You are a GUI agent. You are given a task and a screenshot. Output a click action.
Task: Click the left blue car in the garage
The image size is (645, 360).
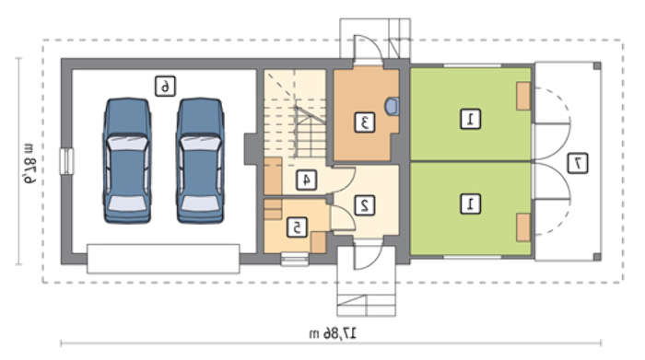coord(127,161)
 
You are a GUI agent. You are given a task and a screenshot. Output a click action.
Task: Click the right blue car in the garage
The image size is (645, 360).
coord(200,161)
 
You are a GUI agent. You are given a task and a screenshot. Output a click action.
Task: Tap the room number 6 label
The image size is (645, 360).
coord(165,87)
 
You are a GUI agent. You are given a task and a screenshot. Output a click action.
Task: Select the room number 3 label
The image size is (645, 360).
coord(365,122)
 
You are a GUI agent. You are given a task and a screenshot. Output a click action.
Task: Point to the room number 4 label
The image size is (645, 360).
coord(307,180)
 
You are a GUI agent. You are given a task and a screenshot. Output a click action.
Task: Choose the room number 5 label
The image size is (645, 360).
coord(297,227)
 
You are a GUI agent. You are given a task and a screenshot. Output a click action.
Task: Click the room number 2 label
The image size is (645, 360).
coord(365,205)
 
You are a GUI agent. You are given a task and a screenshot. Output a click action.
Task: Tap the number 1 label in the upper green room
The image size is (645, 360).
coord(470,119)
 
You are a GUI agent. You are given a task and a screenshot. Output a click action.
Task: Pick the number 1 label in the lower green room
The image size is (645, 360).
coord(470,203)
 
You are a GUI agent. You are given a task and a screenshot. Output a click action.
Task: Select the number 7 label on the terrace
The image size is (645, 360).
coord(578,163)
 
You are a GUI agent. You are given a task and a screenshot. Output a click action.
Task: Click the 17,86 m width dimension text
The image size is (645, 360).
coord(333,333)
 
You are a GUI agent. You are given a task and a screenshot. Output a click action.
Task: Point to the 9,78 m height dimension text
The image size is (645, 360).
coord(29,163)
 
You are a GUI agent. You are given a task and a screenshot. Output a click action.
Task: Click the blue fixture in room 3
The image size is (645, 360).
coord(392,106)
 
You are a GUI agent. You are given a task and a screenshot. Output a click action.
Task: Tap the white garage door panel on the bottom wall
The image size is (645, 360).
coord(163,259)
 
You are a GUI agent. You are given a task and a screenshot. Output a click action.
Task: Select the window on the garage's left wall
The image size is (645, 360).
coord(66,161)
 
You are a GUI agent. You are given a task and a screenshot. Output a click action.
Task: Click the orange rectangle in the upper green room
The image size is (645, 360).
coord(523,96)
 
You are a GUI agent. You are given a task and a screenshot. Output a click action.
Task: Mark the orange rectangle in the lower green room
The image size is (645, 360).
coord(523,227)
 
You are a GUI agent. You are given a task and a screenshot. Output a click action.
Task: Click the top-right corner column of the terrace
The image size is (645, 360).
coord(597,65)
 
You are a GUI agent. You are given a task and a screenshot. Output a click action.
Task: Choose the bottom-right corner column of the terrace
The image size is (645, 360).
coord(597,257)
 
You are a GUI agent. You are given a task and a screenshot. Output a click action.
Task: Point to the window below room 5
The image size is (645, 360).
coord(295,260)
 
